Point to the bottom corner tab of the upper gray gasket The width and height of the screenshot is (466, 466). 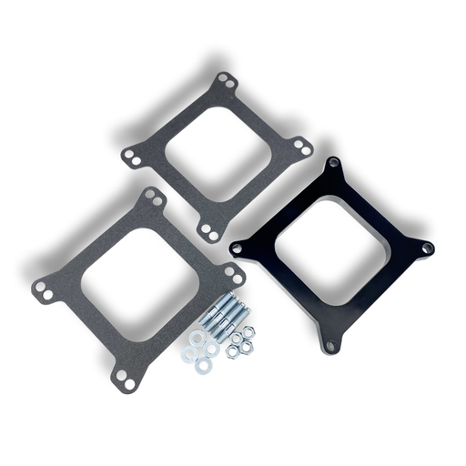click(x=210, y=233)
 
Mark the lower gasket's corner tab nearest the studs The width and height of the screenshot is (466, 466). click(x=235, y=272)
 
